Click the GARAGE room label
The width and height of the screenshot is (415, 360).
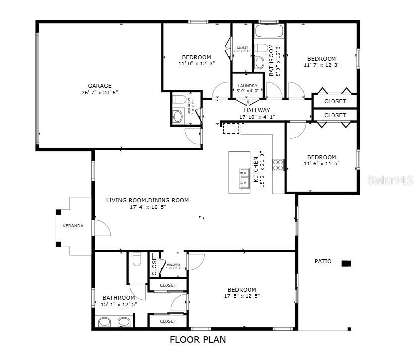click(100, 85)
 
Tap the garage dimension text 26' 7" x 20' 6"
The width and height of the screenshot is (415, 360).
click(100, 92)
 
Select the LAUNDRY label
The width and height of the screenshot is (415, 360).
click(247, 86)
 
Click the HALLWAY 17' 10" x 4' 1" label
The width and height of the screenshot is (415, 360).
click(257, 114)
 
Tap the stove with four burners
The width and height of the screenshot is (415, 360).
click(278, 165)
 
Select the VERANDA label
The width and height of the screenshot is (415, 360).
click(73, 226)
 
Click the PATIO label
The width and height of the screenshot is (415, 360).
click(323, 261)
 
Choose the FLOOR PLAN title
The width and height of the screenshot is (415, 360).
click(198, 340)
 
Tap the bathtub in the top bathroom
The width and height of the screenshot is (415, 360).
click(269, 31)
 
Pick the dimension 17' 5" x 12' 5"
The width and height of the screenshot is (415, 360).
click(242, 296)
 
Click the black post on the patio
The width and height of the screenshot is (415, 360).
click(346, 263)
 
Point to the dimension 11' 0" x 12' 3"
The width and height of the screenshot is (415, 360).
click(196, 64)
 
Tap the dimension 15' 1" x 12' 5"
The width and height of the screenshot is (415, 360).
click(118, 304)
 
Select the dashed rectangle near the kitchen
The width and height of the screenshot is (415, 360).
click(231, 129)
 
